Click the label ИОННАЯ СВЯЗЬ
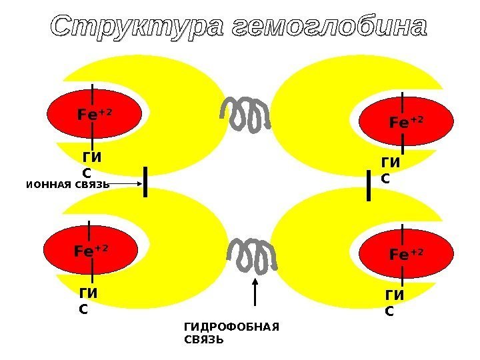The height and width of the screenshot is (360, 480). (x=67, y=185)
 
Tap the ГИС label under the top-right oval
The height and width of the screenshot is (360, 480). (x=391, y=171)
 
